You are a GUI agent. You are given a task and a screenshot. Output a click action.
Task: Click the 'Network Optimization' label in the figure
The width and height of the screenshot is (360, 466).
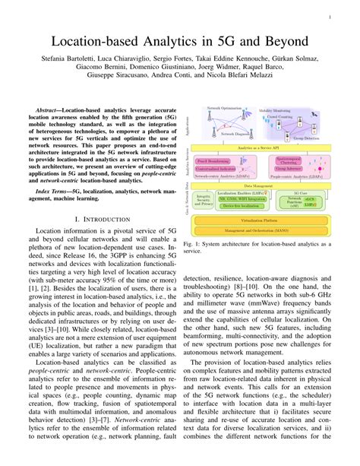[225, 109]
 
